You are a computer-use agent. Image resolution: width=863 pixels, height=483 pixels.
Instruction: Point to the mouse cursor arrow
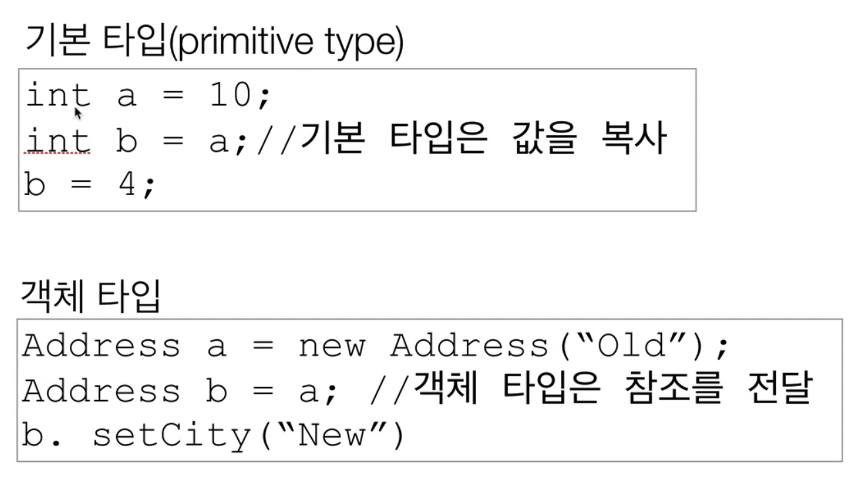78,113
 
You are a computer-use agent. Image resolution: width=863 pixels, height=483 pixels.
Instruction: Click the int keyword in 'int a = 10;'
58,97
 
